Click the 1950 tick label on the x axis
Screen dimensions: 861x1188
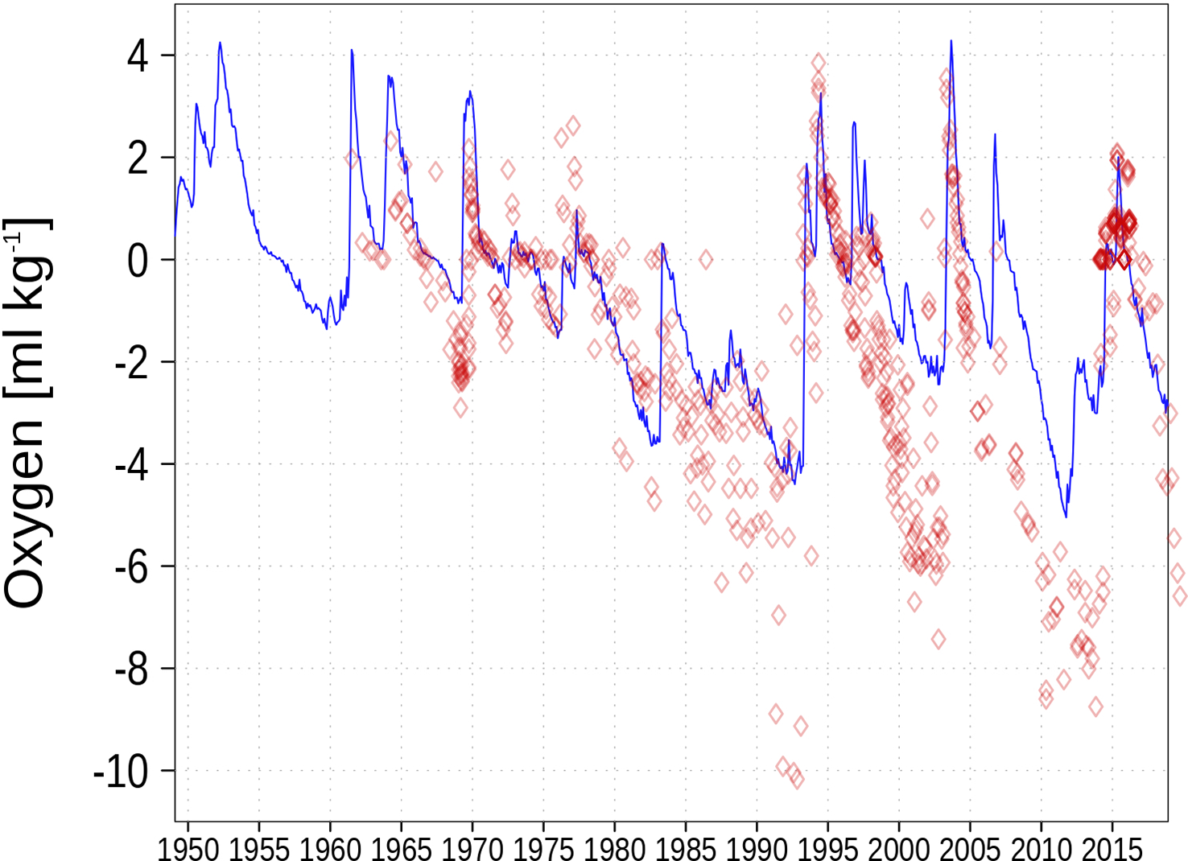pyautogui.click(x=188, y=848)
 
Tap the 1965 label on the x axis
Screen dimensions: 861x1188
pyautogui.click(x=401, y=848)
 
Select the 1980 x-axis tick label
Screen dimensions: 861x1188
pyautogui.click(x=614, y=848)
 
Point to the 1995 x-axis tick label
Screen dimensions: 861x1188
pyautogui.click(x=827, y=848)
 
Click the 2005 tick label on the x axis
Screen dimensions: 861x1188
pyautogui.click(x=970, y=848)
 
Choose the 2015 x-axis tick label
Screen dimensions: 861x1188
pyautogui.click(x=1112, y=848)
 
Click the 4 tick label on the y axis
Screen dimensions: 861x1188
pyautogui.click(x=138, y=56)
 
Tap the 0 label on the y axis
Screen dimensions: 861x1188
pyautogui.click(x=138, y=261)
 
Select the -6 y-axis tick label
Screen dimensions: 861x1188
pyautogui.click(x=131, y=567)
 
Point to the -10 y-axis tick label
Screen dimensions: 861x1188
pyautogui.click(x=122, y=772)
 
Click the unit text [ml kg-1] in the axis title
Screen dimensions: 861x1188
pyautogui.click(x=28, y=306)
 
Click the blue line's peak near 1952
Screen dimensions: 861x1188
pyautogui.click(x=220, y=43)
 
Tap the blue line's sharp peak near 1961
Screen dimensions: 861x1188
pyautogui.click(x=352, y=50)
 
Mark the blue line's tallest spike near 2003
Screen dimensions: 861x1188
pyautogui.click(x=951, y=40)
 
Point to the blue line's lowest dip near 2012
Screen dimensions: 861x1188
pyautogui.click(x=1066, y=517)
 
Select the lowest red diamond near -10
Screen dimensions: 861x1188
pyautogui.click(x=796, y=778)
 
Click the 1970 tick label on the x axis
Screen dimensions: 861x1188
pyautogui.click(x=472, y=848)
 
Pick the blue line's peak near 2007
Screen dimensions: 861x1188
pyautogui.click(x=995, y=134)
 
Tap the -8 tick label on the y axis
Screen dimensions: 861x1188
pyautogui.click(x=131, y=669)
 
